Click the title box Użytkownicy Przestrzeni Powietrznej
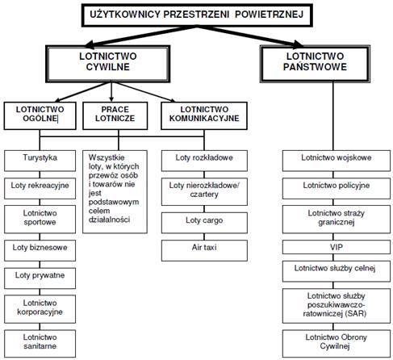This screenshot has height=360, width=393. (x=197, y=15)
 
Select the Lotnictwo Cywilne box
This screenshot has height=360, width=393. (x=108, y=64)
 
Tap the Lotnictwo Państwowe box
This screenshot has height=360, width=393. (x=315, y=64)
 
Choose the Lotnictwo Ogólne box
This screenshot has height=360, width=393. (x=40, y=115)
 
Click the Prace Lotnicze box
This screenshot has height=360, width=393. (x=115, y=115)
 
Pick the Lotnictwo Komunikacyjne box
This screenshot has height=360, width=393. (x=204, y=115)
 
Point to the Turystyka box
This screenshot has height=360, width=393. (x=40, y=161)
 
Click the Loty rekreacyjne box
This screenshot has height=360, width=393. (x=40, y=188)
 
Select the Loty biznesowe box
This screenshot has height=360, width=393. (x=40, y=250)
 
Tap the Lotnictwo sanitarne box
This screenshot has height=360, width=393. (x=40, y=344)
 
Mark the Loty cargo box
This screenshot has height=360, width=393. (x=204, y=223)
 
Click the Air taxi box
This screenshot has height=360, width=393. (x=204, y=250)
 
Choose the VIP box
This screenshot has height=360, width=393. (x=337, y=247)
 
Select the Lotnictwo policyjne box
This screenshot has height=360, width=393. (x=337, y=188)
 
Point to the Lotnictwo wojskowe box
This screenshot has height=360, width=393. (x=337, y=161)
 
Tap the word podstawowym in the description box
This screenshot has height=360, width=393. (x=114, y=202)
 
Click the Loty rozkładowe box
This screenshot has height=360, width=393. (x=204, y=161)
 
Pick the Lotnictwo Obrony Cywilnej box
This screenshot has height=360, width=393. (x=337, y=344)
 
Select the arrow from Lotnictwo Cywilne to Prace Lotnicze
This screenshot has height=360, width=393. (x=111, y=92)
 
